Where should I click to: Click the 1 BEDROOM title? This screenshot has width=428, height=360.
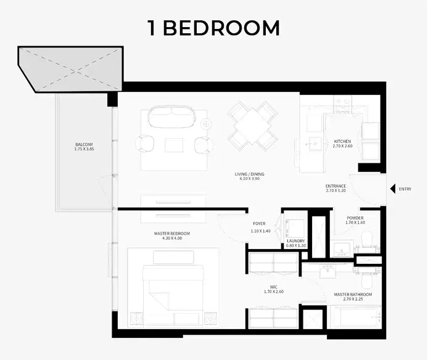[213, 28]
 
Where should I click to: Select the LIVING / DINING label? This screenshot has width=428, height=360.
[249, 174]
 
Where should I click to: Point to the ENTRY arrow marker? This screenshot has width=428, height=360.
[392, 189]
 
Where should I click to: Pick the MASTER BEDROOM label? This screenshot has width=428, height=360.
[172, 234]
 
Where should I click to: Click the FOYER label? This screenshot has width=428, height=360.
[259, 224]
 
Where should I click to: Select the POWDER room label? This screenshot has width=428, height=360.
[355, 218]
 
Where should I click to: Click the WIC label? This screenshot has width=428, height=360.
[273, 287]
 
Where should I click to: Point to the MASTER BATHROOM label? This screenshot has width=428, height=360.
[353, 295]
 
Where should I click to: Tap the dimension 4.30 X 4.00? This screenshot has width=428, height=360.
[172, 239]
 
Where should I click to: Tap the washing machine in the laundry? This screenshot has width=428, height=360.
[294, 225]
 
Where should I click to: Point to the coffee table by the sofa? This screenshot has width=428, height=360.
[173, 145]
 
